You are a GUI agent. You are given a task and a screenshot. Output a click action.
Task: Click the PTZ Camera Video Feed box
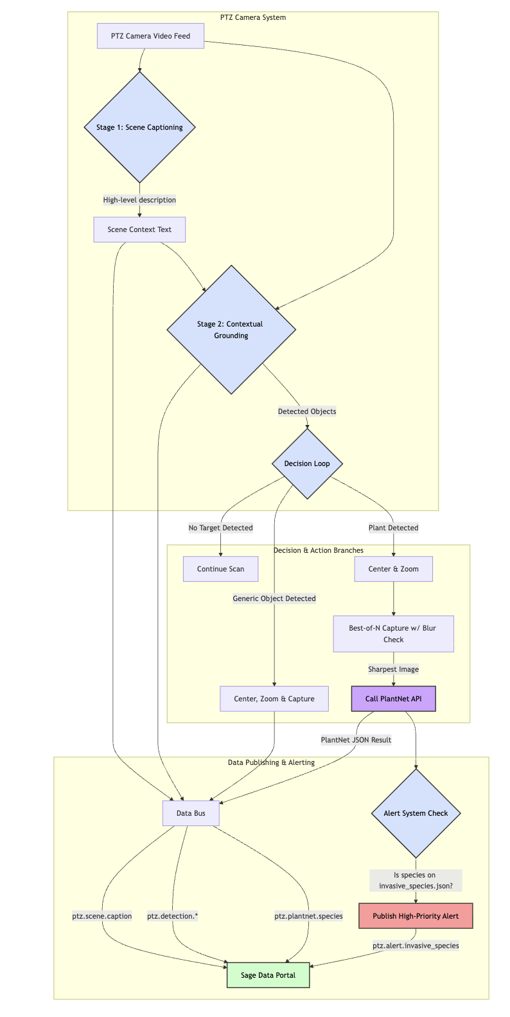(150, 36)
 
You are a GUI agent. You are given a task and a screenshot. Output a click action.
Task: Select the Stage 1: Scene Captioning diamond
(139, 127)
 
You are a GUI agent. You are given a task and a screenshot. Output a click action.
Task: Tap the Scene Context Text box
(139, 230)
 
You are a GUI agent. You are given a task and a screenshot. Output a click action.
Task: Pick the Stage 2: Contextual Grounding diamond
(231, 330)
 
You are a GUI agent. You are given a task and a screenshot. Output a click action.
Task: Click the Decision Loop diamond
(307, 464)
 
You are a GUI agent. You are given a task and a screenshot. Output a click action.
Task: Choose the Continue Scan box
(220, 569)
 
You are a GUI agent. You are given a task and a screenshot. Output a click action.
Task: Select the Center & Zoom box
(393, 569)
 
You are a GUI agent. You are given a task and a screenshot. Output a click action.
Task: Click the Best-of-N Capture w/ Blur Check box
(393, 634)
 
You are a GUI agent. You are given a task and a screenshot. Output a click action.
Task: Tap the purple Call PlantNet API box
(393, 699)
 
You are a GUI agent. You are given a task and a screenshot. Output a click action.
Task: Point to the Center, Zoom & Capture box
(274, 699)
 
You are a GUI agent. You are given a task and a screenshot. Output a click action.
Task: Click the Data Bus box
(191, 813)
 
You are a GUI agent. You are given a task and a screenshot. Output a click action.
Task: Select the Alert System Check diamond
(416, 813)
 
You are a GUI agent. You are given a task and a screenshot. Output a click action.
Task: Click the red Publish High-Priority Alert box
(416, 916)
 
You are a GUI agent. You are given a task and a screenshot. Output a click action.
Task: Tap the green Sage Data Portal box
(268, 975)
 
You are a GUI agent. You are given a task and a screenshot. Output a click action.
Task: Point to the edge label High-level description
(139, 200)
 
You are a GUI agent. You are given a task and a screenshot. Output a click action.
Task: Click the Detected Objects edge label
(307, 411)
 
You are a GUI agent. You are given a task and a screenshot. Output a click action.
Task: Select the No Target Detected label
(220, 528)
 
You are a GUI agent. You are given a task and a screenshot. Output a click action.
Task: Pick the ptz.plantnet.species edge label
(308, 916)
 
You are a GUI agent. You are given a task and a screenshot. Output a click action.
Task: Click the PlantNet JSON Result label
(356, 740)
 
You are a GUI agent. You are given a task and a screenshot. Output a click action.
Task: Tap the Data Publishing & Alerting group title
(271, 762)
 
